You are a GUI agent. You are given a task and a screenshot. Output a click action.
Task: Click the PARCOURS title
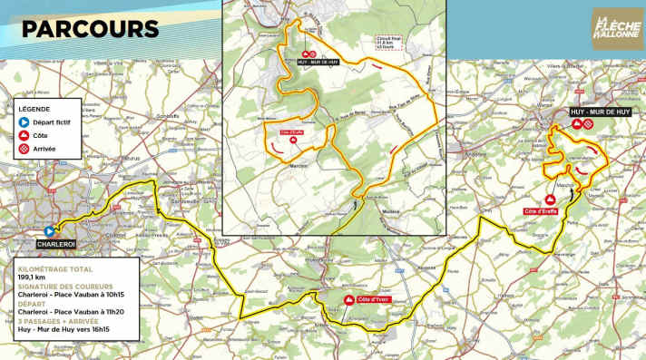click(86, 30)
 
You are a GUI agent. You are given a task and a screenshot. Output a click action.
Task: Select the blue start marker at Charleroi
click(50, 231)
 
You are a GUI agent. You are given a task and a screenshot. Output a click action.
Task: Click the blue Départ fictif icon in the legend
click(24, 121)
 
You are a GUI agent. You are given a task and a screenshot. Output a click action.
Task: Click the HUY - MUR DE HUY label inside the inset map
click(316, 63)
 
